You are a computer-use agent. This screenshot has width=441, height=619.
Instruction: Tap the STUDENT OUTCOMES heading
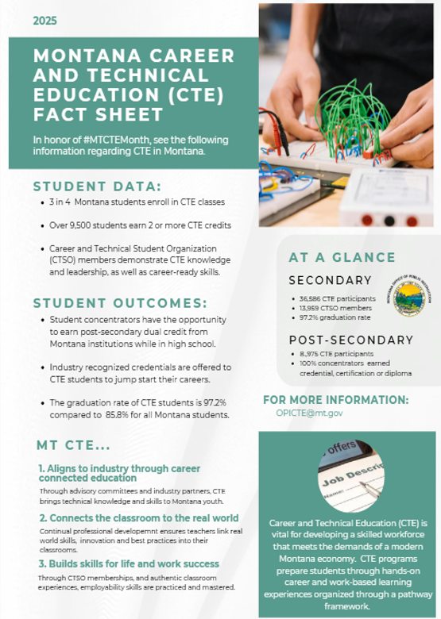pyautogui.click(x=119, y=303)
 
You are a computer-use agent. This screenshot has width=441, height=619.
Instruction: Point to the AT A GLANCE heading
pyautogui.click(x=342, y=257)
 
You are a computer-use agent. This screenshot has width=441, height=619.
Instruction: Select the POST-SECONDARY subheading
pyautogui.click(x=350, y=340)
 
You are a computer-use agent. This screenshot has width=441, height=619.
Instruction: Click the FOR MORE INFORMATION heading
pyautogui.click(x=336, y=400)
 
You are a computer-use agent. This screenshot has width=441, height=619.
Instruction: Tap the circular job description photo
pyautogui.click(x=350, y=475)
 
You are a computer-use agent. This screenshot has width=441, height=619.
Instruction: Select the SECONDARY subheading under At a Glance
pyautogui.click(x=330, y=280)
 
